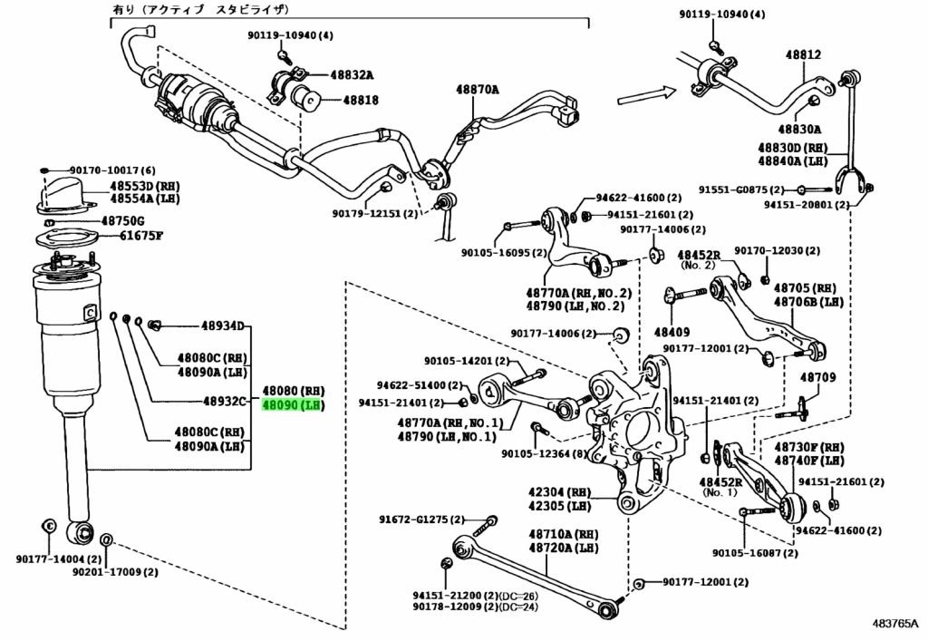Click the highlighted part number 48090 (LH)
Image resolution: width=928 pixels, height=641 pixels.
pos(293,405)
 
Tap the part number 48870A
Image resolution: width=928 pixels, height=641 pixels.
pos(478,90)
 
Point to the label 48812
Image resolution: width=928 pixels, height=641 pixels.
pos(803,55)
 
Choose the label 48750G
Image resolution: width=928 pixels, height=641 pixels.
pos(135,220)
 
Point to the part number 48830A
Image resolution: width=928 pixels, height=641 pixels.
pos(798,130)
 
